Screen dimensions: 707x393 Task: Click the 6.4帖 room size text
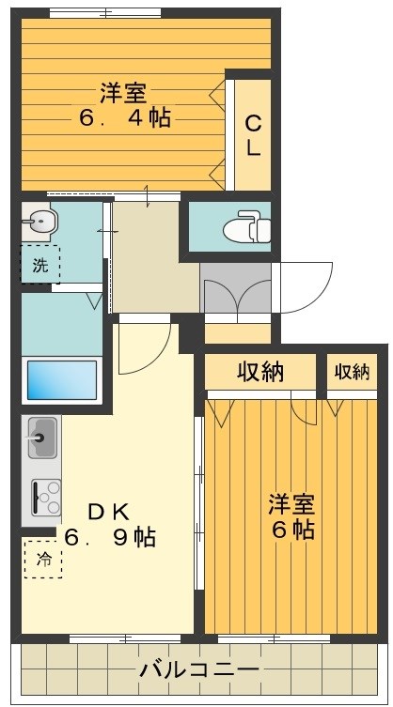pos(123,119)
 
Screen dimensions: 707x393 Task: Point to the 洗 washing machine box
pos(39,264)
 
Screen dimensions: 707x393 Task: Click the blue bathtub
pos(61,380)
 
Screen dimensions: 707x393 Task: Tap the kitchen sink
pos(41,437)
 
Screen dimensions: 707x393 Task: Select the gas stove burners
pos(45,496)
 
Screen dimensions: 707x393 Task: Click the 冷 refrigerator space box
pos(43,559)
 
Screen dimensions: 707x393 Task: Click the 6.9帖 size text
pos(111,538)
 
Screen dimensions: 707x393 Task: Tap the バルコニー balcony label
pos(198,670)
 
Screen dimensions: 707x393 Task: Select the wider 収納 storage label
pos(259,372)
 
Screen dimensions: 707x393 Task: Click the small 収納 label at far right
pos(352,372)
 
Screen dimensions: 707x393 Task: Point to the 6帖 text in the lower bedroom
pos(292,529)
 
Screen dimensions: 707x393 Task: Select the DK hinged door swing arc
pos(143,347)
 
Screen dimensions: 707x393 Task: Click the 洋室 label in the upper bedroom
pos(123,93)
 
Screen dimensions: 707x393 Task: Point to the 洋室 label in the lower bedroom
pos(291,503)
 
